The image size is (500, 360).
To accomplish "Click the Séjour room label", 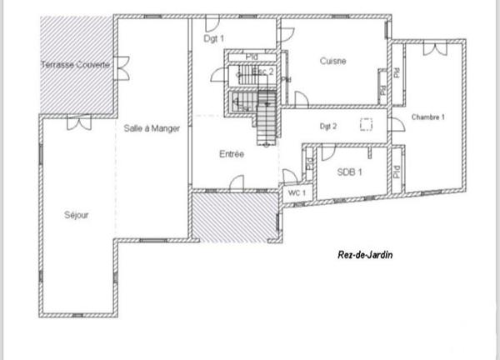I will click(77, 215).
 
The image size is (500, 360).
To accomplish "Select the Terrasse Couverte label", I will click(76, 64).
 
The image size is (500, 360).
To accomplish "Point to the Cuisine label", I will click(332, 61).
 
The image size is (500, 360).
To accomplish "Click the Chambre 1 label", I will click(428, 117).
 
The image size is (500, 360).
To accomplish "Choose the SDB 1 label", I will click(348, 173).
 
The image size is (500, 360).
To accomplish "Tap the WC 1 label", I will click(297, 193).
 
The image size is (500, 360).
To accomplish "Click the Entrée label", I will click(231, 154).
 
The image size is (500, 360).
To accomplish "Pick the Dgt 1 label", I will click(214, 39).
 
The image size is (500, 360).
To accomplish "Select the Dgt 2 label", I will click(328, 127).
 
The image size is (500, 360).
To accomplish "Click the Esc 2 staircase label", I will click(263, 72).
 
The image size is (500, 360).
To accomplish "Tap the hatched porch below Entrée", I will click(235, 218).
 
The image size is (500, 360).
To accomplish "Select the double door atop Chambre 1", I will click(432, 49).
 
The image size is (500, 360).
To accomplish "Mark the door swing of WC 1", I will click(292, 177).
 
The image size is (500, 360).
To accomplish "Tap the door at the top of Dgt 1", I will click(286, 33).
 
